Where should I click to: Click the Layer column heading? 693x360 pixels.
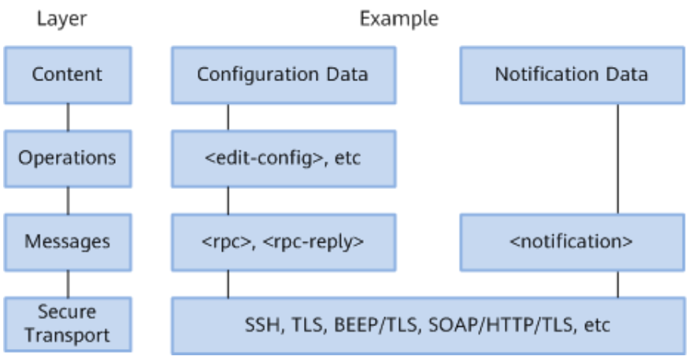pyautogui.click(x=62, y=20)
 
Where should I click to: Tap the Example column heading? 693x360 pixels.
pyautogui.click(x=399, y=19)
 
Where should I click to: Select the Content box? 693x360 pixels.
pyautogui.click(x=68, y=75)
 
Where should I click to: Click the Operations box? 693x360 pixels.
pyautogui.click(x=68, y=159)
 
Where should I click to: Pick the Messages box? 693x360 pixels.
pyautogui.click(x=68, y=243)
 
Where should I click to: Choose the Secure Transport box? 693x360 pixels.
pyautogui.click(x=68, y=325)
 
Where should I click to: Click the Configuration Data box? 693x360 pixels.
pyautogui.click(x=283, y=75)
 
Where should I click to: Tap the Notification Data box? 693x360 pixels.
pyautogui.click(x=573, y=75)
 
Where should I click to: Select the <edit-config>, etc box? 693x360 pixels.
pyautogui.click(x=283, y=159)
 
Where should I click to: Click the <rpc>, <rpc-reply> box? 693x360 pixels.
pyautogui.click(x=283, y=243)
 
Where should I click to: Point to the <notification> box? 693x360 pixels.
pyautogui.click(x=573, y=243)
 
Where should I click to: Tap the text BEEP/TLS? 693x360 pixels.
pyautogui.click(x=376, y=325)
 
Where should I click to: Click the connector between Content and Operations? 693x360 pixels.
pyautogui.click(x=68, y=117)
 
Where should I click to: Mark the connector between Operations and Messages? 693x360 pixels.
pyautogui.click(x=68, y=201)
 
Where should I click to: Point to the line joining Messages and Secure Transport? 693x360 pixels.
pyautogui.click(x=68, y=284)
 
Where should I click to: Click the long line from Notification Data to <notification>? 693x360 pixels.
pyautogui.click(x=618, y=159)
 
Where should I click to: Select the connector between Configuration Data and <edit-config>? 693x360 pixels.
pyautogui.click(x=228, y=117)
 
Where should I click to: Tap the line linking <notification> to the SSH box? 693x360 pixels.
pyautogui.click(x=618, y=284)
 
